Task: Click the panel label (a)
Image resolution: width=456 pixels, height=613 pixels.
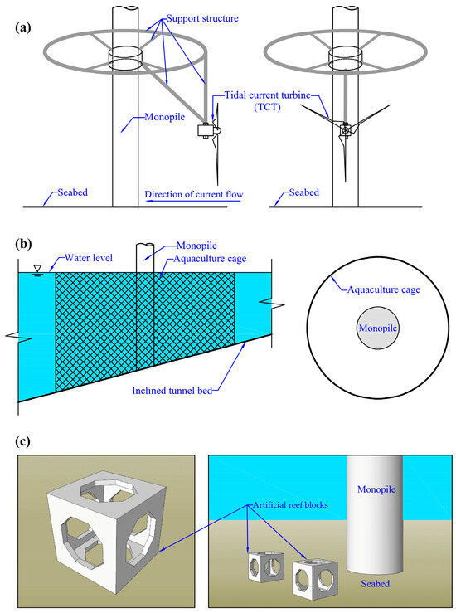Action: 22,26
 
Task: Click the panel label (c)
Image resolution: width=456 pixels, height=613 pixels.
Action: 22,439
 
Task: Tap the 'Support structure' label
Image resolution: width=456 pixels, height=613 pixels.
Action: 203,17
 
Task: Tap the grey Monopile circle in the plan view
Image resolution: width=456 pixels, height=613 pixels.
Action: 376,328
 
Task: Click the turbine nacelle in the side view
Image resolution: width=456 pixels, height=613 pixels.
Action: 204,131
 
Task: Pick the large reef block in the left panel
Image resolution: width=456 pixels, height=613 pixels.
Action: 103,524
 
